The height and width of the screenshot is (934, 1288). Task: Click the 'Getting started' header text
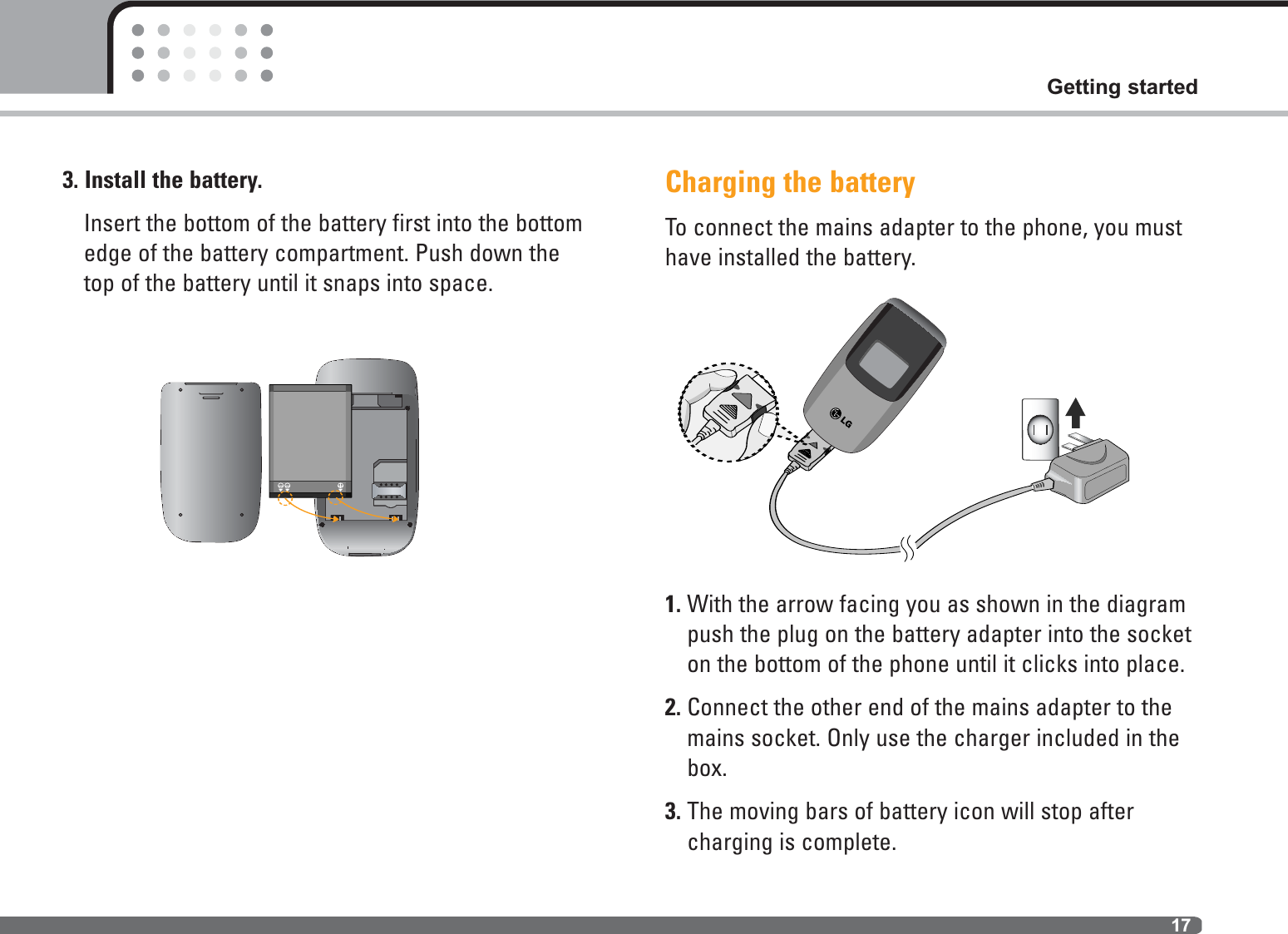point(1121,86)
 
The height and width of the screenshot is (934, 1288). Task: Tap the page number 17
point(1180,925)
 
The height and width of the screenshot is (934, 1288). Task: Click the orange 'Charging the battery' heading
point(789,182)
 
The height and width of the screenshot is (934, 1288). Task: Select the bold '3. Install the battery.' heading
point(162,180)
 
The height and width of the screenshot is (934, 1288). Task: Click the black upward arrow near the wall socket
point(1075,412)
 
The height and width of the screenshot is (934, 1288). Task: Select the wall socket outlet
point(1039,429)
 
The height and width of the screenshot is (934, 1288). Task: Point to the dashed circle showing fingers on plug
point(728,412)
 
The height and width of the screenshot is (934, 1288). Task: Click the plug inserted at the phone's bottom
point(804,453)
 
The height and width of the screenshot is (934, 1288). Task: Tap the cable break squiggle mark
point(907,546)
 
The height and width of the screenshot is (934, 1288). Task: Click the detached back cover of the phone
point(210,462)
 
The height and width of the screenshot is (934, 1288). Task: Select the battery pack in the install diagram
point(309,441)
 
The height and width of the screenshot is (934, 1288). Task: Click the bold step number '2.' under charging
point(672,708)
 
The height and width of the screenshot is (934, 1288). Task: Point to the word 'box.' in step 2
point(707,768)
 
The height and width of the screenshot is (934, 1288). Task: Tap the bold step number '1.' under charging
point(672,605)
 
